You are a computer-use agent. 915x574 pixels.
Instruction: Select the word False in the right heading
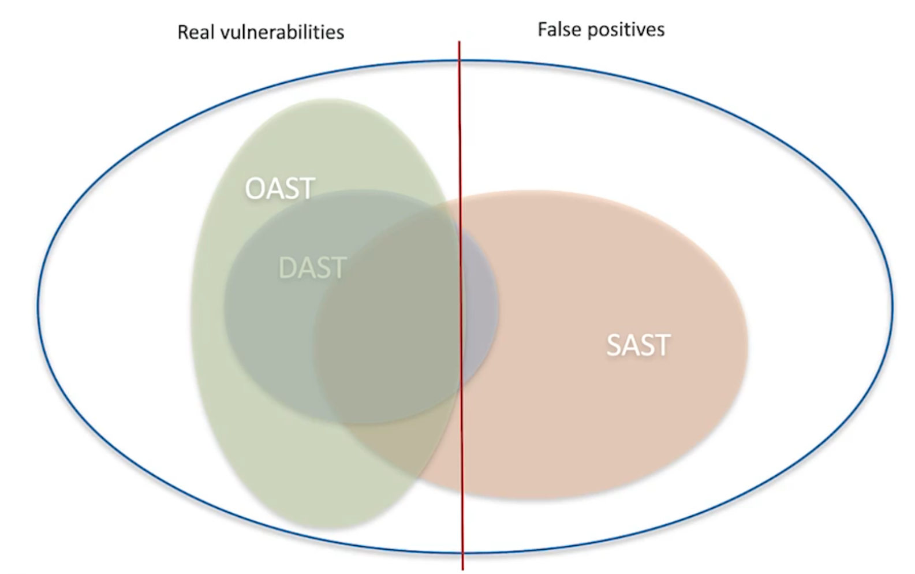pyautogui.click(x=559, y=29)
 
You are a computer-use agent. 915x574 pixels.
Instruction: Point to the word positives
pyautogui.click(x=626, y=29)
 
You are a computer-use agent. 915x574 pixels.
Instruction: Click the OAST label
pyautogui.click(x=280, y=188)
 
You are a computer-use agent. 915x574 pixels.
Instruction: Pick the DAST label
pyautogui.click(x=312, y=268)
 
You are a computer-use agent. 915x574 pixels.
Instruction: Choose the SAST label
pyautogui.click(x=638, y=345)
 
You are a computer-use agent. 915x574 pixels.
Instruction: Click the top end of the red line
pyautogui.click(x=460, y=42)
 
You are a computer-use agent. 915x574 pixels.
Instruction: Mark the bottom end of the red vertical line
pyautogui.click(x=462, y=569)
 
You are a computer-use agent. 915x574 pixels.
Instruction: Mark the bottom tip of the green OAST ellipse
pyautogui.click(x=335, y=528)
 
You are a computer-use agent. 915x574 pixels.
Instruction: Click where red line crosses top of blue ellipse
pyautogui.click(x=460, y=61)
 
